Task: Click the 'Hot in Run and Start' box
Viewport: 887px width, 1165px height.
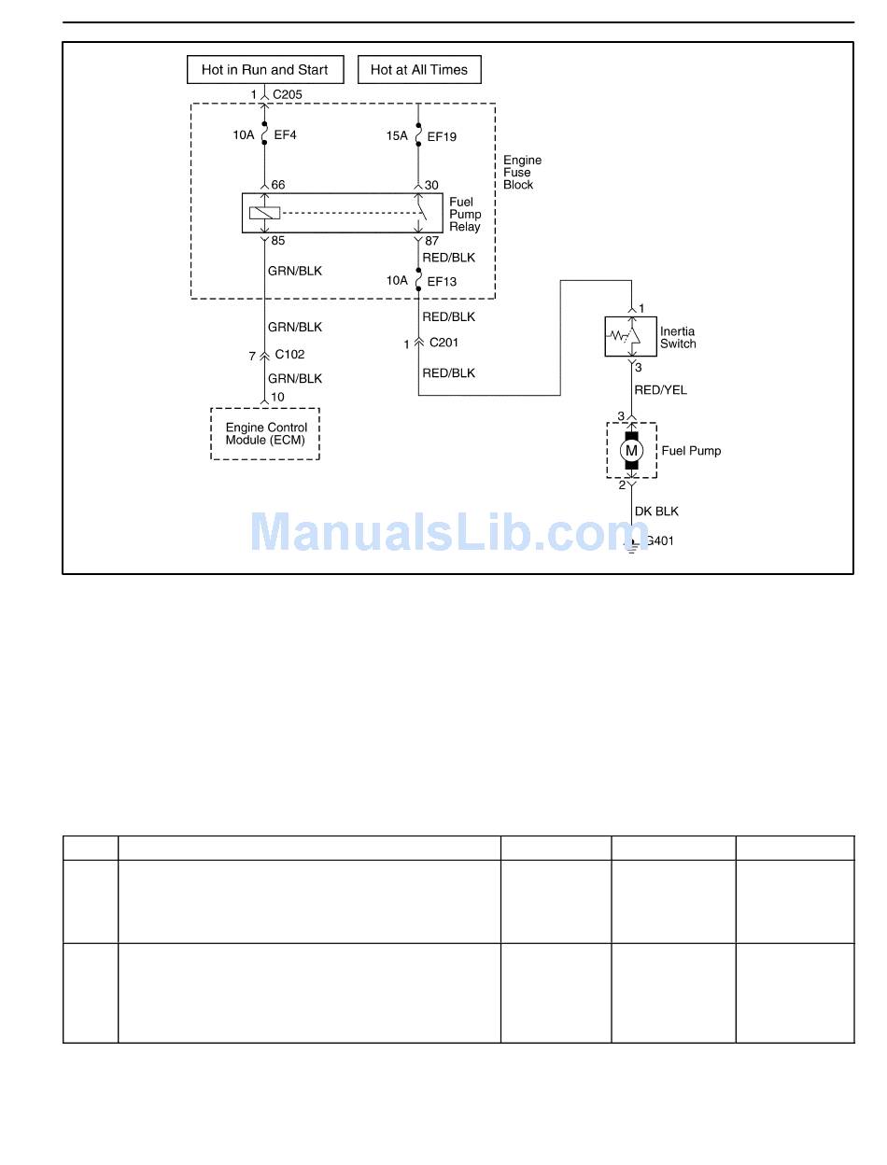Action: [264, 70]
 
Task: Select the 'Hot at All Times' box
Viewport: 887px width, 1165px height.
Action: [419, 70]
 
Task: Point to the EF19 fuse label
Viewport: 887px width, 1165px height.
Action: [442, 136]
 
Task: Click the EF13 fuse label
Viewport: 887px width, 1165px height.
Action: [442, 281]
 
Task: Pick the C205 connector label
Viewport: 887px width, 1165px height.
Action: [288, 94]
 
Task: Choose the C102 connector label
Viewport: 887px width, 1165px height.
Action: [289, 355]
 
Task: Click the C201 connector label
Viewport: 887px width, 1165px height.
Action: [444, 344]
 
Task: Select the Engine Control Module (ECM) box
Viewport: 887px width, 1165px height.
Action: [265, 434]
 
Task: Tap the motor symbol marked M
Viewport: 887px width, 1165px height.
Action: [632, 451]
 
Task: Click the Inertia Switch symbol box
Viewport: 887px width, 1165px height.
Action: [631, 336]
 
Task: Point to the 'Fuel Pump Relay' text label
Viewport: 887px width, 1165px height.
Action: [465, 214]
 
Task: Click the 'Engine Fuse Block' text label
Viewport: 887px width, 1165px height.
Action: [522, 173]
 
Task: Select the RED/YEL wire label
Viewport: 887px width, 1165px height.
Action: [660, 390]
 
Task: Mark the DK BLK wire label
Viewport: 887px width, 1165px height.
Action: [656, 512]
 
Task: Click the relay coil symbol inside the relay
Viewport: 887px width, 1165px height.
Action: [264, 213]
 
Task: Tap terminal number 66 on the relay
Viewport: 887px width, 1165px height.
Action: [278, 186]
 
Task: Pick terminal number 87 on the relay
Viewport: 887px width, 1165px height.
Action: [431, 241]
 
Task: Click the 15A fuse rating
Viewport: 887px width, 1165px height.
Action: [397, 136]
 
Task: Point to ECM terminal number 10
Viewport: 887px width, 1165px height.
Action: [277, 398]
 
